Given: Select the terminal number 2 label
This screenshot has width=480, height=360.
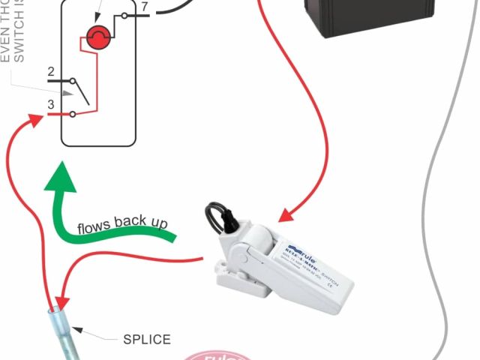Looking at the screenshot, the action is (51, 73).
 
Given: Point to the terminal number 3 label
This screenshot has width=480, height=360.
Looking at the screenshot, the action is (51, 104).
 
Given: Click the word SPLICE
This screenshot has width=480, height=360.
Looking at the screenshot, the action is (146, 340).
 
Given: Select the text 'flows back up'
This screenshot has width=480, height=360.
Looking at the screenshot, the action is (122, 224).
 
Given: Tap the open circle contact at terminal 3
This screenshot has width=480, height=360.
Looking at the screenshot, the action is (72, 114).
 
